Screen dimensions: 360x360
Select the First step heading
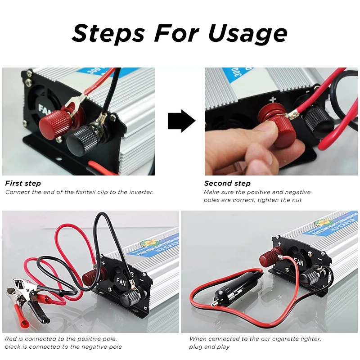coord(23,183)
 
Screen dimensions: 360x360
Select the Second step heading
coord(227,183)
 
